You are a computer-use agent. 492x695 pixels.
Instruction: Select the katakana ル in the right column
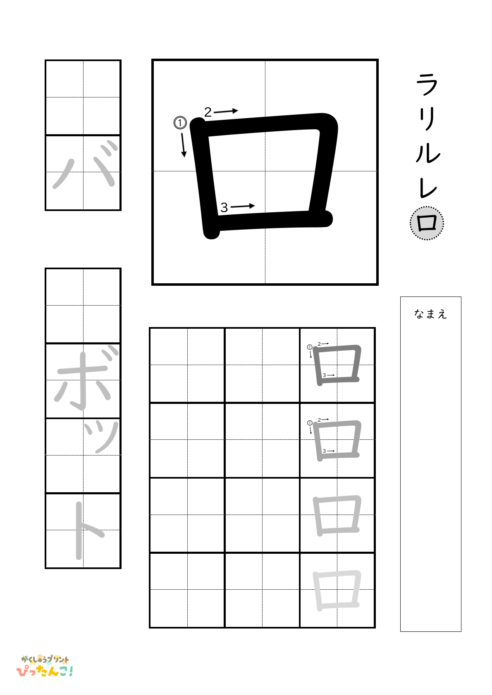coord(428,153)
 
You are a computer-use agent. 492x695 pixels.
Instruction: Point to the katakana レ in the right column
coord(427,188)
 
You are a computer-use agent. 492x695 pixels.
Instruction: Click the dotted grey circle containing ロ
coord(427,223)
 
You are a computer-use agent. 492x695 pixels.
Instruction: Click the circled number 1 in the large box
coord(180,123)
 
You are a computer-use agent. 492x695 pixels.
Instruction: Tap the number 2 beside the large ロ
coord(208,112)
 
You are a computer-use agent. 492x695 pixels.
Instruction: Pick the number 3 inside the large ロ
coord(224,207)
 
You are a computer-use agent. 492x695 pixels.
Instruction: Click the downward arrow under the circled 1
coord(183,145)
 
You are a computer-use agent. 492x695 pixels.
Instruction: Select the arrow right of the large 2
coord(226,111)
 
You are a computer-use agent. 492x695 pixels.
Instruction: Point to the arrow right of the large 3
coord(243,206)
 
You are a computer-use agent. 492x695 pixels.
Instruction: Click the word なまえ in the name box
coord(430,314)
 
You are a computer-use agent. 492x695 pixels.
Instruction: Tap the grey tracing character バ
coord(84,166)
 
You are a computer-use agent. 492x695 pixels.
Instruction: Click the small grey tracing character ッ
coord(101,436)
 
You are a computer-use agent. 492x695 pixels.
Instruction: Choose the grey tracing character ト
coord(86,530)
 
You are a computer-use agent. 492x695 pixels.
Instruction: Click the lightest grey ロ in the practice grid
coord(337,591)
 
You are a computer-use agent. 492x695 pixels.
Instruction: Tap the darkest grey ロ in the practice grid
coord(337,365)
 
